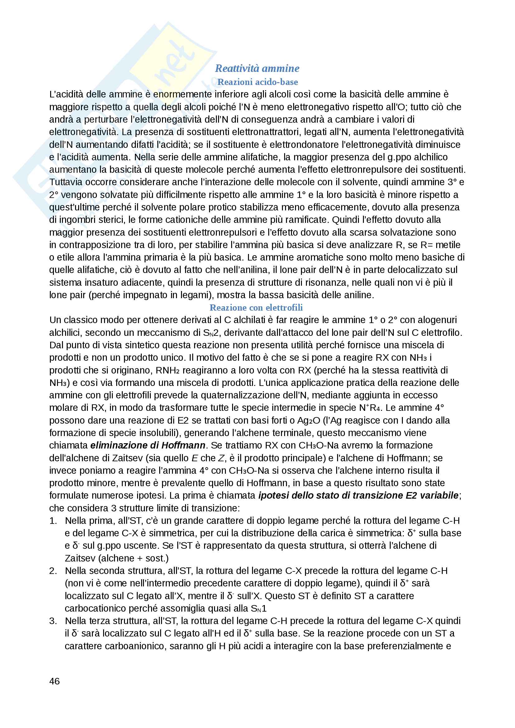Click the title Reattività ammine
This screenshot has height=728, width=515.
coord(257,68)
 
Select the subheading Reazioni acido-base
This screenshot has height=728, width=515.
coord(257,82)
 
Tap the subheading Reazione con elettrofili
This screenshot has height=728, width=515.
coord(256,307)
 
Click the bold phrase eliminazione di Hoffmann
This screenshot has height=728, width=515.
coord(148,445)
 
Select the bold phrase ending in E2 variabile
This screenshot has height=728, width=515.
coord(358,495)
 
